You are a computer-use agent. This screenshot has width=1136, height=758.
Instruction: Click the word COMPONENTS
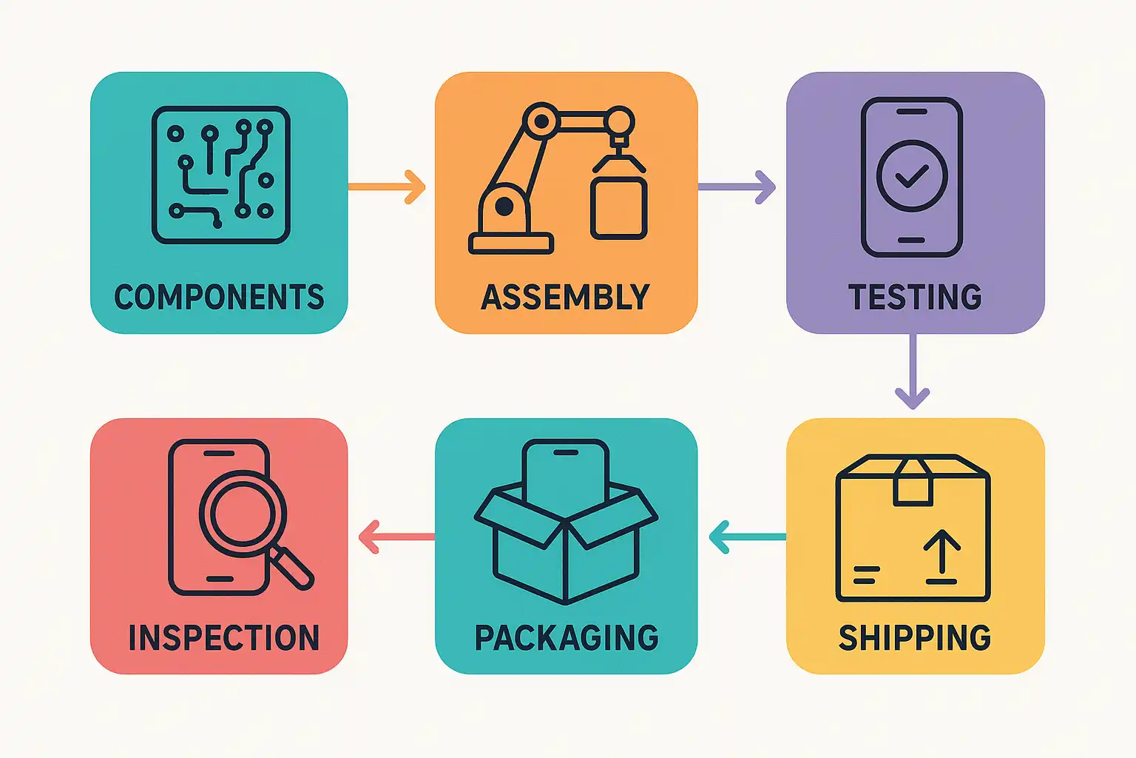pos(219,298)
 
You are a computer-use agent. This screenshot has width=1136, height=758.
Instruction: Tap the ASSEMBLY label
pos(566,298)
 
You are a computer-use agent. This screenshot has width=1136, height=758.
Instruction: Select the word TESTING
pos(915,298)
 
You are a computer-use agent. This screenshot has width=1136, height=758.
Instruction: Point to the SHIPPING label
pos(915,638)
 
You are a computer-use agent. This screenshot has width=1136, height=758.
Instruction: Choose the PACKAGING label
pos(567,638)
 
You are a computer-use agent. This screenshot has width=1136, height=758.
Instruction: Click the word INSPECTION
pos(223,638)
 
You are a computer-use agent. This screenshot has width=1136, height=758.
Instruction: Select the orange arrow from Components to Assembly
pos(388,187)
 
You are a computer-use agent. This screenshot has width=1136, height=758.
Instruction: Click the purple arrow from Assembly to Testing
pos(737,187)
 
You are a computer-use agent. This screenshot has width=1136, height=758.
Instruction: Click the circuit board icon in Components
pos(220,175)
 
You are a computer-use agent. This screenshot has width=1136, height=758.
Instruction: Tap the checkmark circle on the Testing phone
pos(912,175)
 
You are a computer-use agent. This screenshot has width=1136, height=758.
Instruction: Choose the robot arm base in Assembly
pos(511,243)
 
